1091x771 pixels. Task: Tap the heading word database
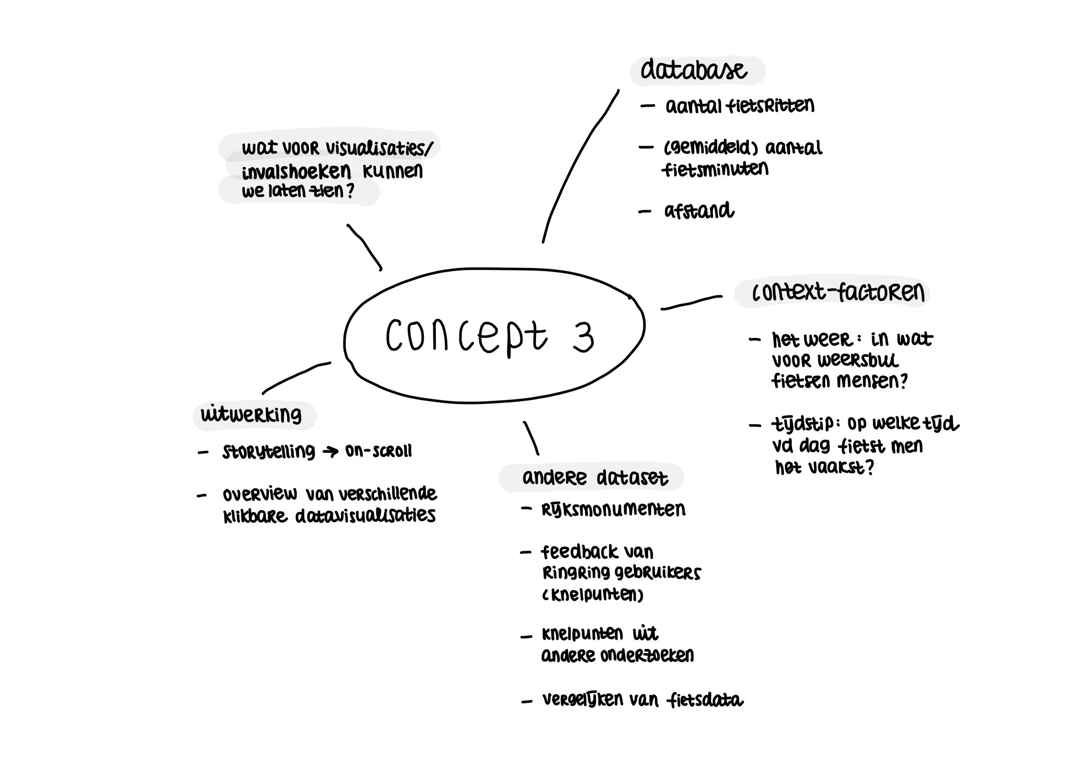coord(694,71)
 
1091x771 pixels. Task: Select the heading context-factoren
coord(838,293)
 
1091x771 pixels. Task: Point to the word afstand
coord(699,211)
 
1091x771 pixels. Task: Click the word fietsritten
coord(771,106)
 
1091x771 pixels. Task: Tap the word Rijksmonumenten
coord(613,510)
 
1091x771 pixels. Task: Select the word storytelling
coord(268,451)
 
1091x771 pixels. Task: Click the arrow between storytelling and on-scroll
coord(330,451)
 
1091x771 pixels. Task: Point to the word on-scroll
coord(378,451)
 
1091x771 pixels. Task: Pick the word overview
coord(260,494)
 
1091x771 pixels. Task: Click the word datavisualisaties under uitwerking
coord(365,515)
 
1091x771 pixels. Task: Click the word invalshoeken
coord(296,171)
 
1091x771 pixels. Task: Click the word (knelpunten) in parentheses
coord(593,594)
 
